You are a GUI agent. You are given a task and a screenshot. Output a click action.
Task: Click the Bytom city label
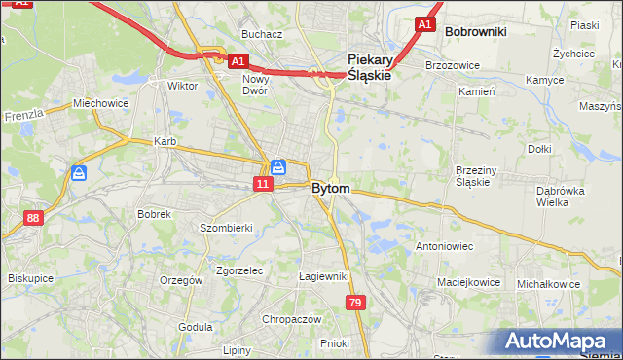click(x=331, y=188)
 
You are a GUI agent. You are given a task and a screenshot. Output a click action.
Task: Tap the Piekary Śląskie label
click(x=369, y=66)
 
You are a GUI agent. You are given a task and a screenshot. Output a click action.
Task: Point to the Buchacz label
click(x=262, y=34)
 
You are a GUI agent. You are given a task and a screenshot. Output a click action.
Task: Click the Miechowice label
click(x=100, y=103)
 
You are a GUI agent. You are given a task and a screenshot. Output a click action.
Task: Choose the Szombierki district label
click(x=226, y=227)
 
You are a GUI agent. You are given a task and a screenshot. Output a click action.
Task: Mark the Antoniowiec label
click(x=444, y=246)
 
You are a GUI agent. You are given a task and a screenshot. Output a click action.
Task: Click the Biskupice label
click(x=30, y=277)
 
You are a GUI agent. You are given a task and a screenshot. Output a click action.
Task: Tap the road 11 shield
click(x=263, y=183)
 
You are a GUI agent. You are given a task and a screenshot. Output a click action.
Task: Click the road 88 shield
click(x=34, y=218)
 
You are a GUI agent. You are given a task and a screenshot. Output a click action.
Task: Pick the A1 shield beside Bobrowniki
click(x=424, y=24)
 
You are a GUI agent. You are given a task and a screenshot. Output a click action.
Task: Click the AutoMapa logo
click(x=559, y=342)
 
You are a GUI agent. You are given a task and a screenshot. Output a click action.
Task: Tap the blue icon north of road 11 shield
click(x=278, y=166)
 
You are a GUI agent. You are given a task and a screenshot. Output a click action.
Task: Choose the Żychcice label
click(x=573, y=54)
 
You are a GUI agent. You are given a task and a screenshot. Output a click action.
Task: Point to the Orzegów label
click(x=182, y=280)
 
